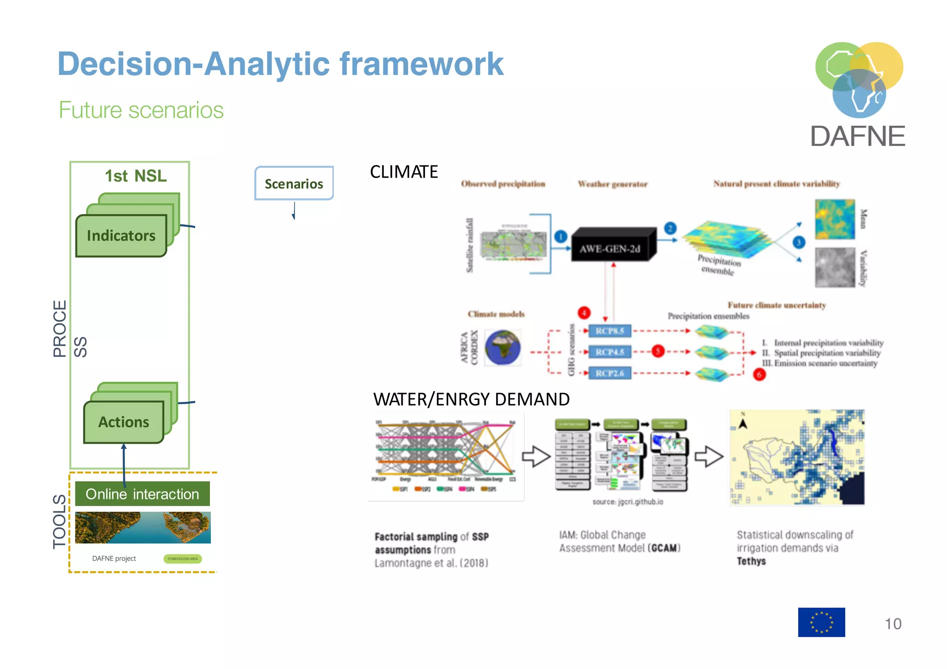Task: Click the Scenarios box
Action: click(x=294, y=184)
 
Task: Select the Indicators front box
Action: click(x=121, y=236)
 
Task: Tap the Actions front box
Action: click(x=123, y=422)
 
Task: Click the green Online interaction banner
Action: click(x=142, y=494)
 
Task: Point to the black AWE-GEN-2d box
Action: click(x=610, y=249)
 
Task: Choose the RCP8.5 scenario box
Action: click(x=609, y=331)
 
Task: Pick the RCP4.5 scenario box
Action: click(x=609, y=352)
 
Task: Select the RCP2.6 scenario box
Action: click(x=609, y=373)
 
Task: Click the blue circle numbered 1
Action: click(x=561, y=237)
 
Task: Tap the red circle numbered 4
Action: click(x=584, y=313)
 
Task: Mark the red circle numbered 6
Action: click(x=759, y=374)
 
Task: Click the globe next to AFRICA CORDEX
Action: click(x=503, y=348)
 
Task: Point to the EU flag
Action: click(x=821, y=622)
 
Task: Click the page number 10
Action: click(x=893, y=624)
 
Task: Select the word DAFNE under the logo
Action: click(x=858, y=136)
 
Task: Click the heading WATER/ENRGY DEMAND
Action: click(x=471, y=399)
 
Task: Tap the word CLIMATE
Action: click(x=404, y=172)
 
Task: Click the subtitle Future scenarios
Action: click(x=141, y=110)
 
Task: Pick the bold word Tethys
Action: click(x=751, y=561)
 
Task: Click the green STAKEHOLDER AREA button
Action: click(x=183, y=559)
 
